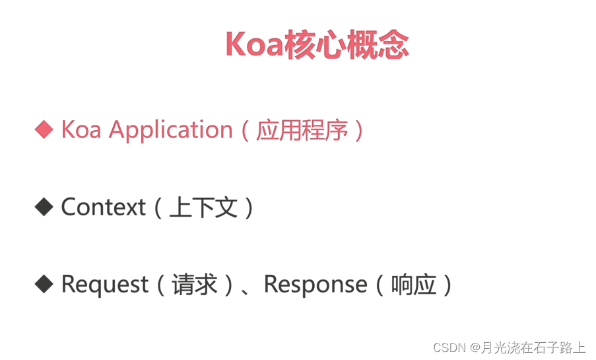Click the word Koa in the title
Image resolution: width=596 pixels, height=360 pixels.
pos(253,44)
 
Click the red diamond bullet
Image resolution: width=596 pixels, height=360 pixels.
pos(44,129)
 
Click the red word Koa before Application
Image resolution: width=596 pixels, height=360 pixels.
pos(81,129)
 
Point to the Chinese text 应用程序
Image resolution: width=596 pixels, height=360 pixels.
pos(302,130)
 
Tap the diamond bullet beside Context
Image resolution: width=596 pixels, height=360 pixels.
pos(44,207)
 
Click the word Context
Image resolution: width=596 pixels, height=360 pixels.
pos(103,207)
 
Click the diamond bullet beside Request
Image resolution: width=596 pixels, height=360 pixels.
pos(44,285)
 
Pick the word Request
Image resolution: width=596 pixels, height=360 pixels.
pos(104,285)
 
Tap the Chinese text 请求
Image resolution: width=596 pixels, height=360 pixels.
pos(195,285)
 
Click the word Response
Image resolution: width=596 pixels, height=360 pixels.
pos(315,285)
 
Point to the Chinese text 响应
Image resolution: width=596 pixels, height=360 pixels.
pos(414,285)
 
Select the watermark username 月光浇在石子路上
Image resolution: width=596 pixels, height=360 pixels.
pos(533,347)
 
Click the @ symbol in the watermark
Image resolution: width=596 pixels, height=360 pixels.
pos(475,347)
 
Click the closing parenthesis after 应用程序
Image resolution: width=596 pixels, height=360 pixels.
pos(358,130)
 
